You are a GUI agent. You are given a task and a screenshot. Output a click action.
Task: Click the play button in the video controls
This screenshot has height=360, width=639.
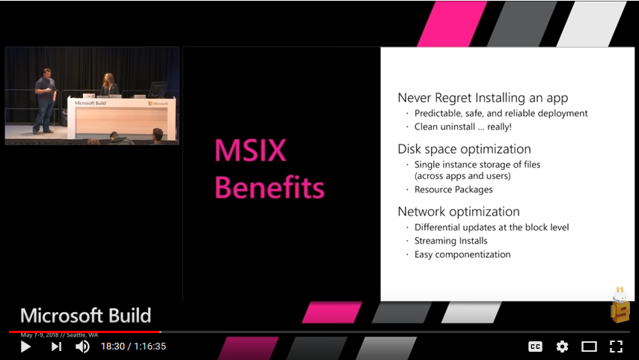(25, 347)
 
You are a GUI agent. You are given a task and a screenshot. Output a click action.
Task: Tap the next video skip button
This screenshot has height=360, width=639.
(56, 347)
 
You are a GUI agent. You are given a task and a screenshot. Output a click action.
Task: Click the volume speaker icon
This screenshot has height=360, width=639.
(82, 347)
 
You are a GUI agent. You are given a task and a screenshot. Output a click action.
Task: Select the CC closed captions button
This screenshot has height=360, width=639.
(535, 347)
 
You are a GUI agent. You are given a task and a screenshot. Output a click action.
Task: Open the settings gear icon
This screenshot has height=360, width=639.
(562, 347)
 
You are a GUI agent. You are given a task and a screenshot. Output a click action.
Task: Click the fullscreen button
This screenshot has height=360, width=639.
(616, 347)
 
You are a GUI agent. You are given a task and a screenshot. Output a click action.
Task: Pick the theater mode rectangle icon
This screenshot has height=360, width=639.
(589, 347)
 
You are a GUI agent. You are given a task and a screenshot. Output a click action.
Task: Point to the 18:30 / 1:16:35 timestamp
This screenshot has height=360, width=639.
(133, 347)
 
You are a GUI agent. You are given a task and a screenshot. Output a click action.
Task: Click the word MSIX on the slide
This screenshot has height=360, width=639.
(250, 151)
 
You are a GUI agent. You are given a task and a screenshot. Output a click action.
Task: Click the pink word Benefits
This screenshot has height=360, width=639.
(269, 187)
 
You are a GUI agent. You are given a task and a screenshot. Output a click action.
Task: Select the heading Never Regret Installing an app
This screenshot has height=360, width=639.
(483, 98)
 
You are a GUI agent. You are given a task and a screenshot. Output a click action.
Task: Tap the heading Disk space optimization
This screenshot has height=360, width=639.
(464, 148)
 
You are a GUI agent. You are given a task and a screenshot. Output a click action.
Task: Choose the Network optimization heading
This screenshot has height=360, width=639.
(459, 211)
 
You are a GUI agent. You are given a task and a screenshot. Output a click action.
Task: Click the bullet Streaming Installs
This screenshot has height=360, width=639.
(451, 241)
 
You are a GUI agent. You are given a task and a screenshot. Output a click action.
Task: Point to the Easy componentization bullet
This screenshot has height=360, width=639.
(462, 254)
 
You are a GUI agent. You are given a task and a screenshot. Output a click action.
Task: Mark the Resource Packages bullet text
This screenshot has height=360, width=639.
(453, 189)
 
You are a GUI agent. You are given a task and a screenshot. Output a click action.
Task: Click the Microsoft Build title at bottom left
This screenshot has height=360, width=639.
(85, 315)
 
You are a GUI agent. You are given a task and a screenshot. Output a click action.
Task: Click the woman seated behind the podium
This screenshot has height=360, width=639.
(109, 86)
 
